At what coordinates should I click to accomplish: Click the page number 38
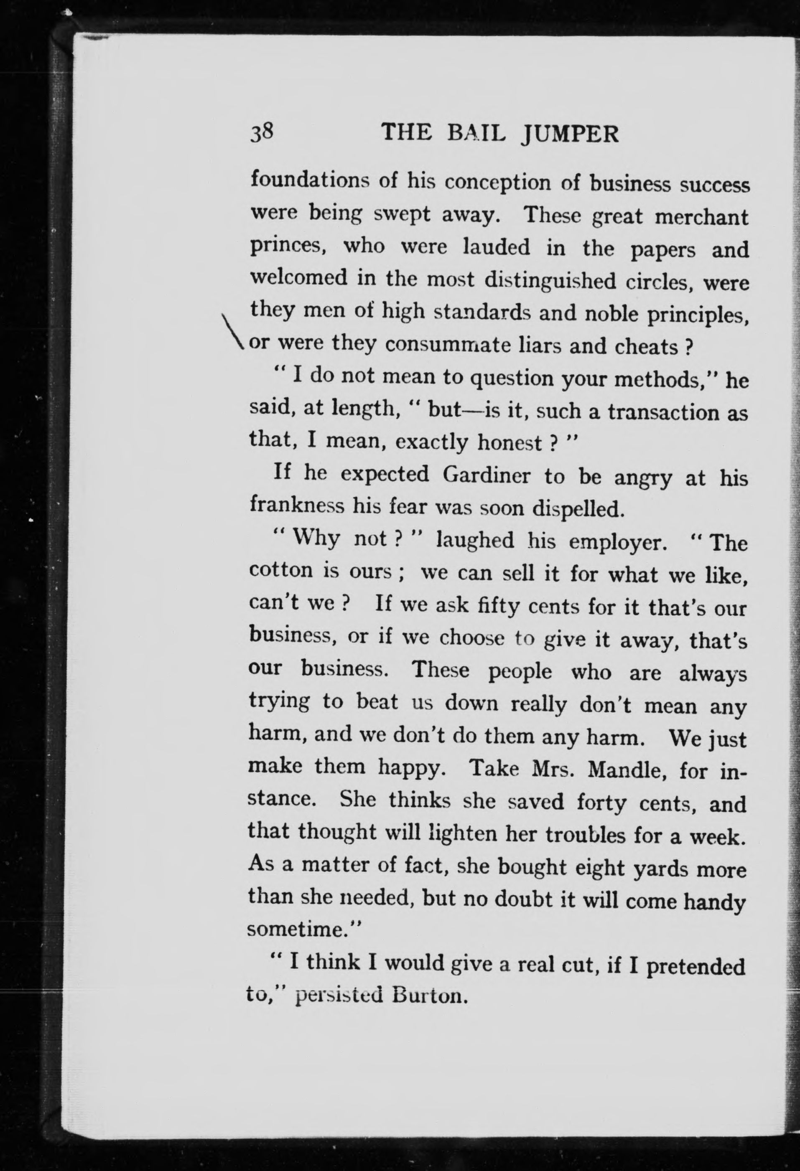tap(262, 134)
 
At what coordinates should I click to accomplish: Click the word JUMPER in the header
tap(570, 135)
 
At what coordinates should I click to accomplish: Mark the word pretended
tap(695, 965)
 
